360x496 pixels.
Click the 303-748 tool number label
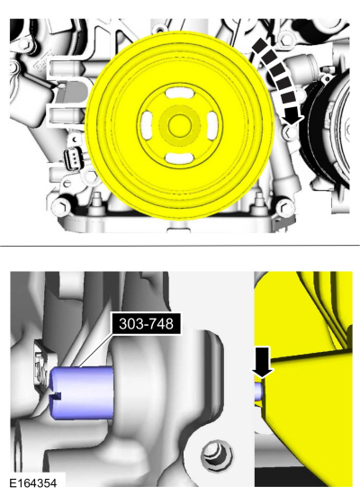146,323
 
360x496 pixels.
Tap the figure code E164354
33,483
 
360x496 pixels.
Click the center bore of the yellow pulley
180,126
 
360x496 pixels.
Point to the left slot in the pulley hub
148,125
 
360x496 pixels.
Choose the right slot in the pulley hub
211,126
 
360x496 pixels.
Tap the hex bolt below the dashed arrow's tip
290,132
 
